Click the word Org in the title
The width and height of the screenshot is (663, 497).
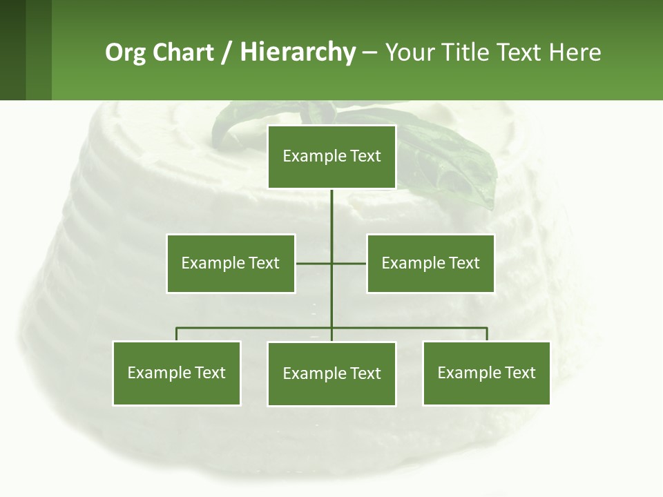point(125,52)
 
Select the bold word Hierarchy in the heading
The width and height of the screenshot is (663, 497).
point(298,52)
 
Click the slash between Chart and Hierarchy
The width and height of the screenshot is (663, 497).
point(227,53)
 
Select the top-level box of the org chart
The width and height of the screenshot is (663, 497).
point(331,157)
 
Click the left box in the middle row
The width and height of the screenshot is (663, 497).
point(231,263)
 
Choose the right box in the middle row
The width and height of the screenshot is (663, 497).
point(430,263)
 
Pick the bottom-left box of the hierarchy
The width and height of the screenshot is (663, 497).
point(176,373)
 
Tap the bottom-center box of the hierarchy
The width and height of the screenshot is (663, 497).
point(331,373)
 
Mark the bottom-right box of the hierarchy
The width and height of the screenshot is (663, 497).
point(486,373)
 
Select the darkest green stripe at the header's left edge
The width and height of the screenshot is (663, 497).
point(12,50)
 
